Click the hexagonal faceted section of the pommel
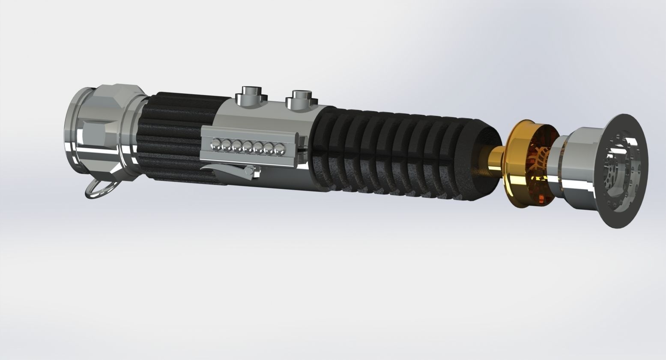pos(113,128)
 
